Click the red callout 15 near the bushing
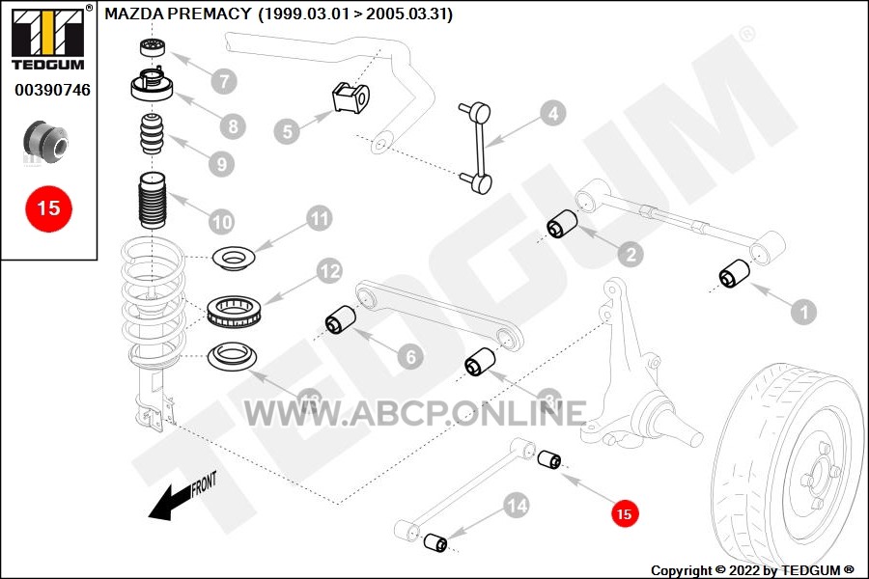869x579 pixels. coord(625,513)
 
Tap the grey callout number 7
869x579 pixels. coord(224,81)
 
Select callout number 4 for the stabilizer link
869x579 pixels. coord(553,114)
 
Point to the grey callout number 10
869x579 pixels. coord(222,222)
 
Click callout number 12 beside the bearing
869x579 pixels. coord(330,271)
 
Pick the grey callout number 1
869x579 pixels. coord(804,312)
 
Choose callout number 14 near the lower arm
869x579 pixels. coord(517,506)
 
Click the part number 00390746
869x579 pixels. coord(53,90)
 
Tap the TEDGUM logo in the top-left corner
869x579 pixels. coord(48,39)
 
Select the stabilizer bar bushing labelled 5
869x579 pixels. coord(350,98)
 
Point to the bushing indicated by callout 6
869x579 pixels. coord(340,319)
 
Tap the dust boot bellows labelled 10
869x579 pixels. coord(152,200)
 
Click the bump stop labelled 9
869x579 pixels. coord(152,133)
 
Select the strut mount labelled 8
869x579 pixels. coord(152,85)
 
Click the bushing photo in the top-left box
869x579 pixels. coord(46,143)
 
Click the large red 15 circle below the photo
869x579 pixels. coord(49,208)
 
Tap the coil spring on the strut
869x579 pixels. coord(154,298)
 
